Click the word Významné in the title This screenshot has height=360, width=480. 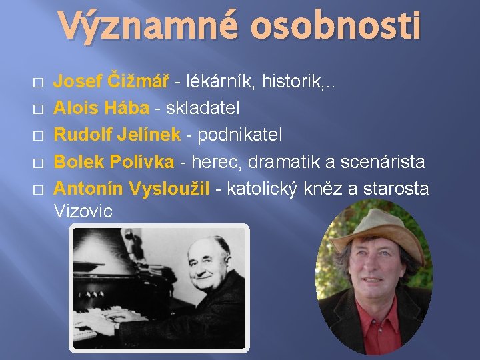click(x=145, y=27)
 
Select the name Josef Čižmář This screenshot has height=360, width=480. click(x=111, y=82)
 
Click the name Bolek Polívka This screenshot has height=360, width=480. click(x=114, y=162)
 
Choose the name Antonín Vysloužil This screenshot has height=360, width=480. click(x=131, y=189)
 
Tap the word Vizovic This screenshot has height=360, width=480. click(x=83, y=211)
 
